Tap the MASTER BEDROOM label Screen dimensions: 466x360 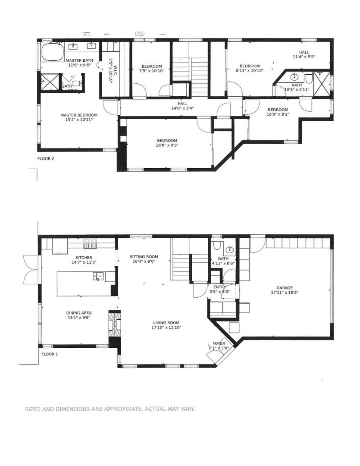click(79, 115)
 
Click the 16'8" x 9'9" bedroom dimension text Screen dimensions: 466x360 click(167, 145)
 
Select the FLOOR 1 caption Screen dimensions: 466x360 click(50, 354)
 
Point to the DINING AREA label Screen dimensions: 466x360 click(79, 313)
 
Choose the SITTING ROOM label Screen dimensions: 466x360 click(144, 257)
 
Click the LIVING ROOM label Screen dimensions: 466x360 click(166, 322)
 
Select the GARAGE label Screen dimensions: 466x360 click(285, 288)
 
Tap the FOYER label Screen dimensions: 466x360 click(219, 344)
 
